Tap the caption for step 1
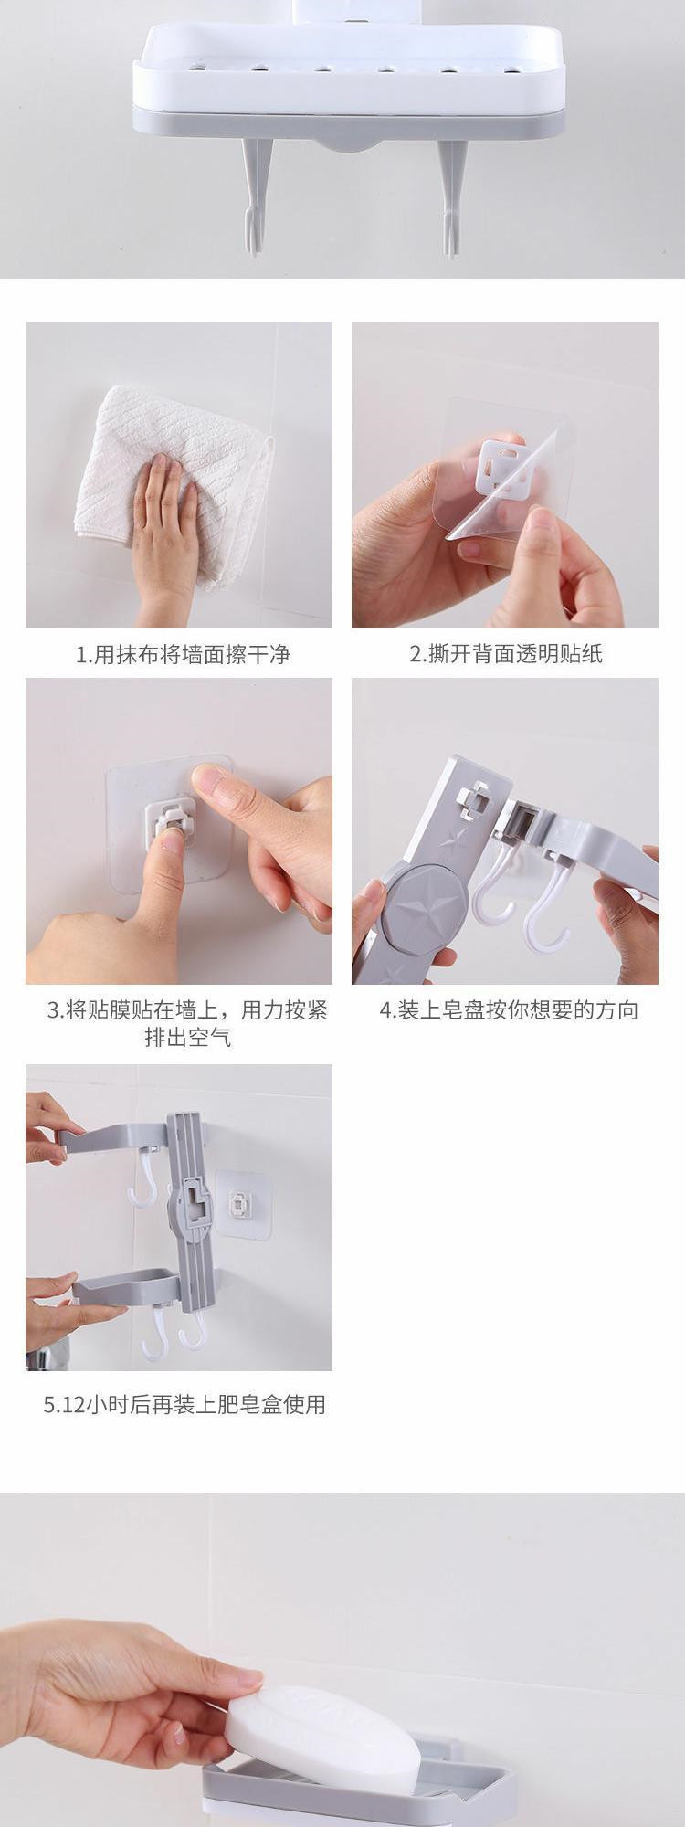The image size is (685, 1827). tap(183, 654)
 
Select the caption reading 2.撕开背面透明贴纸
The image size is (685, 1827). tap(506, 654)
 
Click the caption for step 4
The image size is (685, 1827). tap(509, 1010)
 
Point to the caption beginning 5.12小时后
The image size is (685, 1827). tap(184, 1405)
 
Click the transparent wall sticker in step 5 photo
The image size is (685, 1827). tap(243, 1204)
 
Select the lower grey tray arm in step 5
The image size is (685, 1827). tap(127, 1289)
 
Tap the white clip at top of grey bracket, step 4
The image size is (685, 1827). tap(473, 799)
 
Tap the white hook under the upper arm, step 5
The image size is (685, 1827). tap(143, 1178)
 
